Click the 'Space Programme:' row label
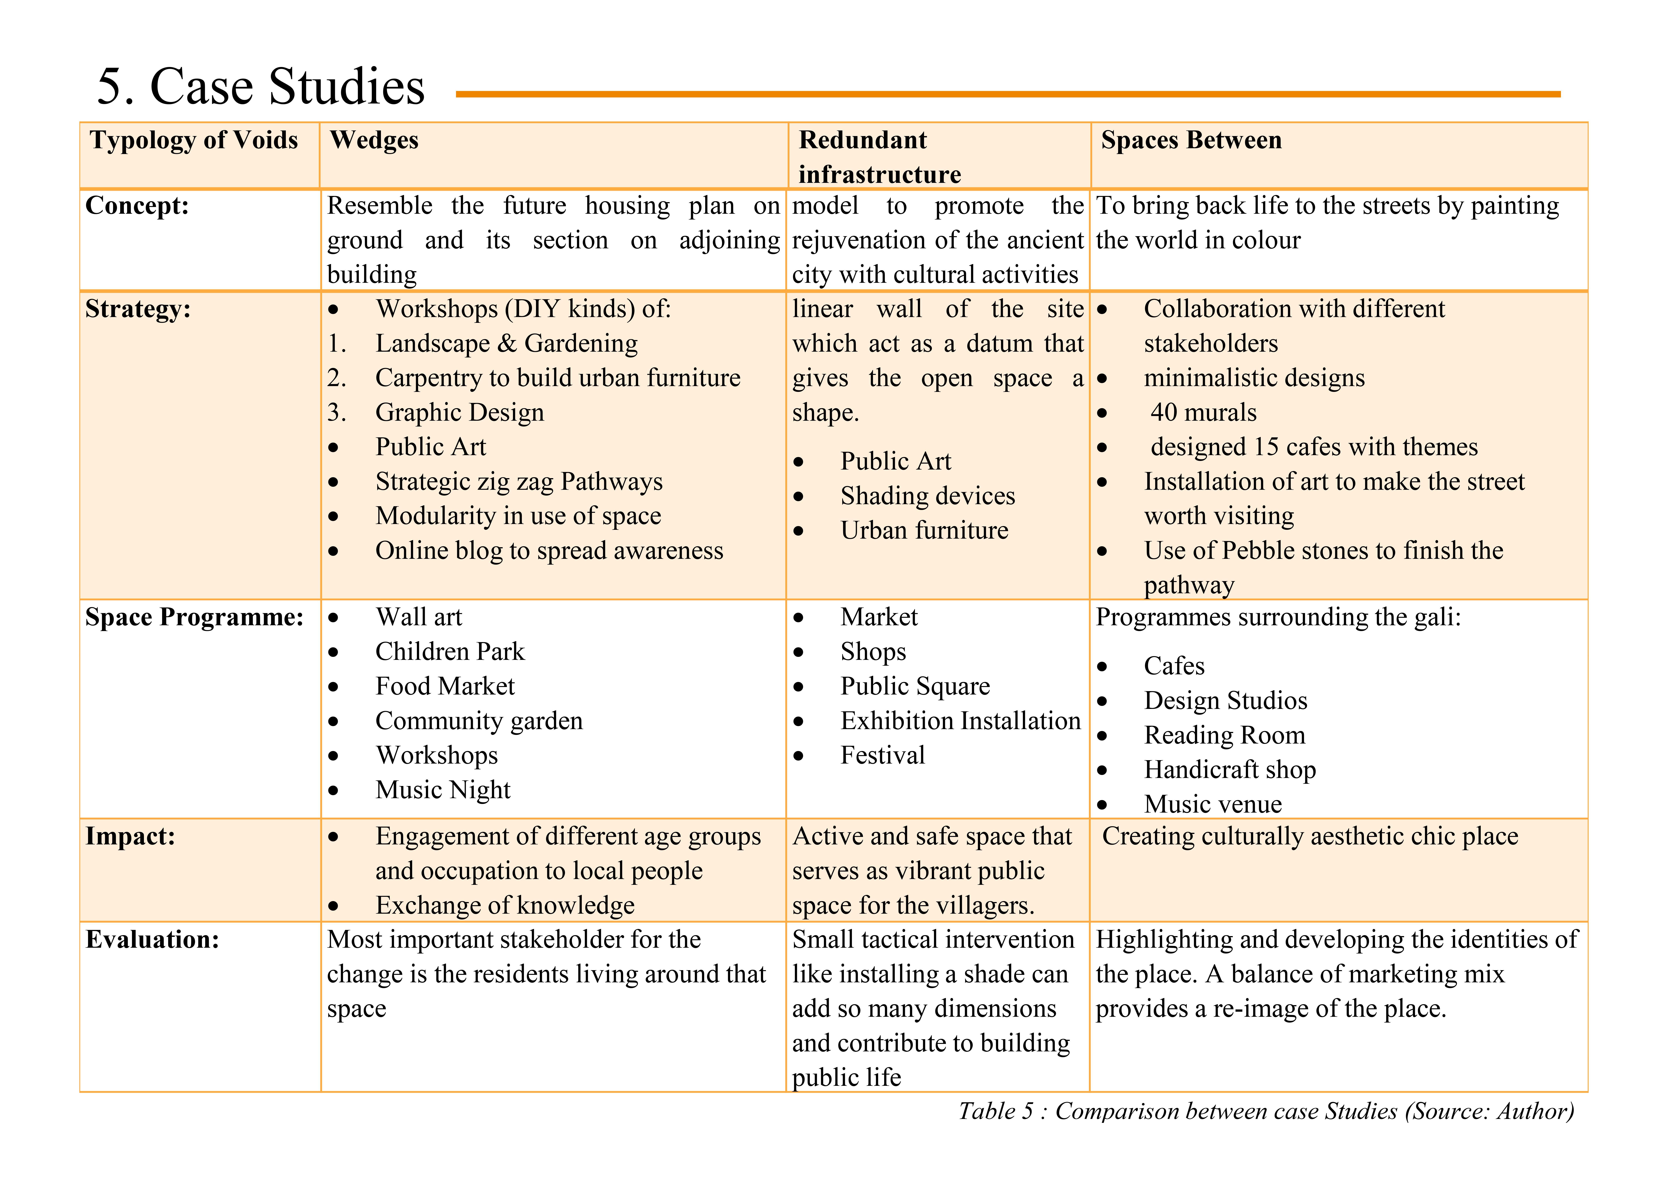[x=194, y=617]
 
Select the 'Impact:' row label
[x=130, y=837]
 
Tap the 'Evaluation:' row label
[x=152, y=940]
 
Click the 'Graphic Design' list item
[x=459, y=413]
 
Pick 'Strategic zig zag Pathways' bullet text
[x=519, y=482]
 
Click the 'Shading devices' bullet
[x=927, y=496]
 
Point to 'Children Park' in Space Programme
[x=450, y=652]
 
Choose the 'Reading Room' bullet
[x=1224, y=735]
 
